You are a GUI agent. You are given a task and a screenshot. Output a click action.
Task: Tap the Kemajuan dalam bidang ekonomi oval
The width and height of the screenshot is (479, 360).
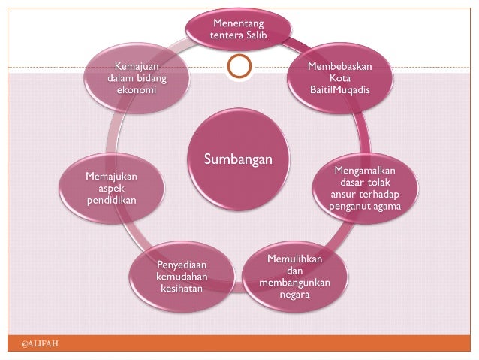coord(137,78)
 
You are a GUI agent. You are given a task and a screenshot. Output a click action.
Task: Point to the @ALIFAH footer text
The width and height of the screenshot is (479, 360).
coord(40,343)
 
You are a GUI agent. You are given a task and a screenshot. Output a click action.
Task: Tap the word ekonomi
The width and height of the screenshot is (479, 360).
coord(137,90)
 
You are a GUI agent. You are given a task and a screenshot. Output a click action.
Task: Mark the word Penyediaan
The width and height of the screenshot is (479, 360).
coord(180,264)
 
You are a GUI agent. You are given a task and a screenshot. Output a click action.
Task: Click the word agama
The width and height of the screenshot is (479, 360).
coord(387,206)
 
